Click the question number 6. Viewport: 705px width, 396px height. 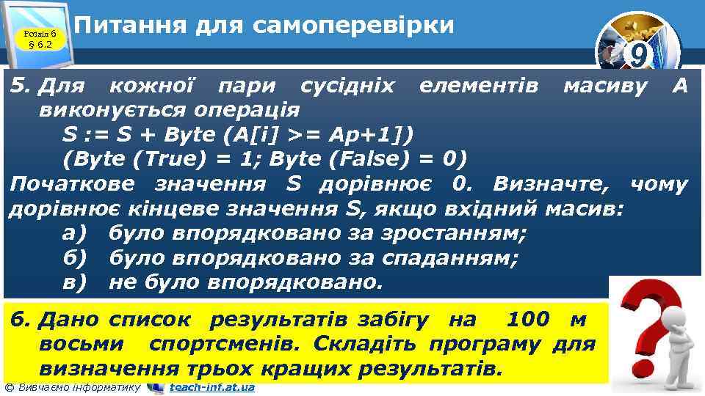[20, 320]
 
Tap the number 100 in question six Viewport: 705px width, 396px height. [527, 320]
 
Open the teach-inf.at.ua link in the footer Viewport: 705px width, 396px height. [212, 387]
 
